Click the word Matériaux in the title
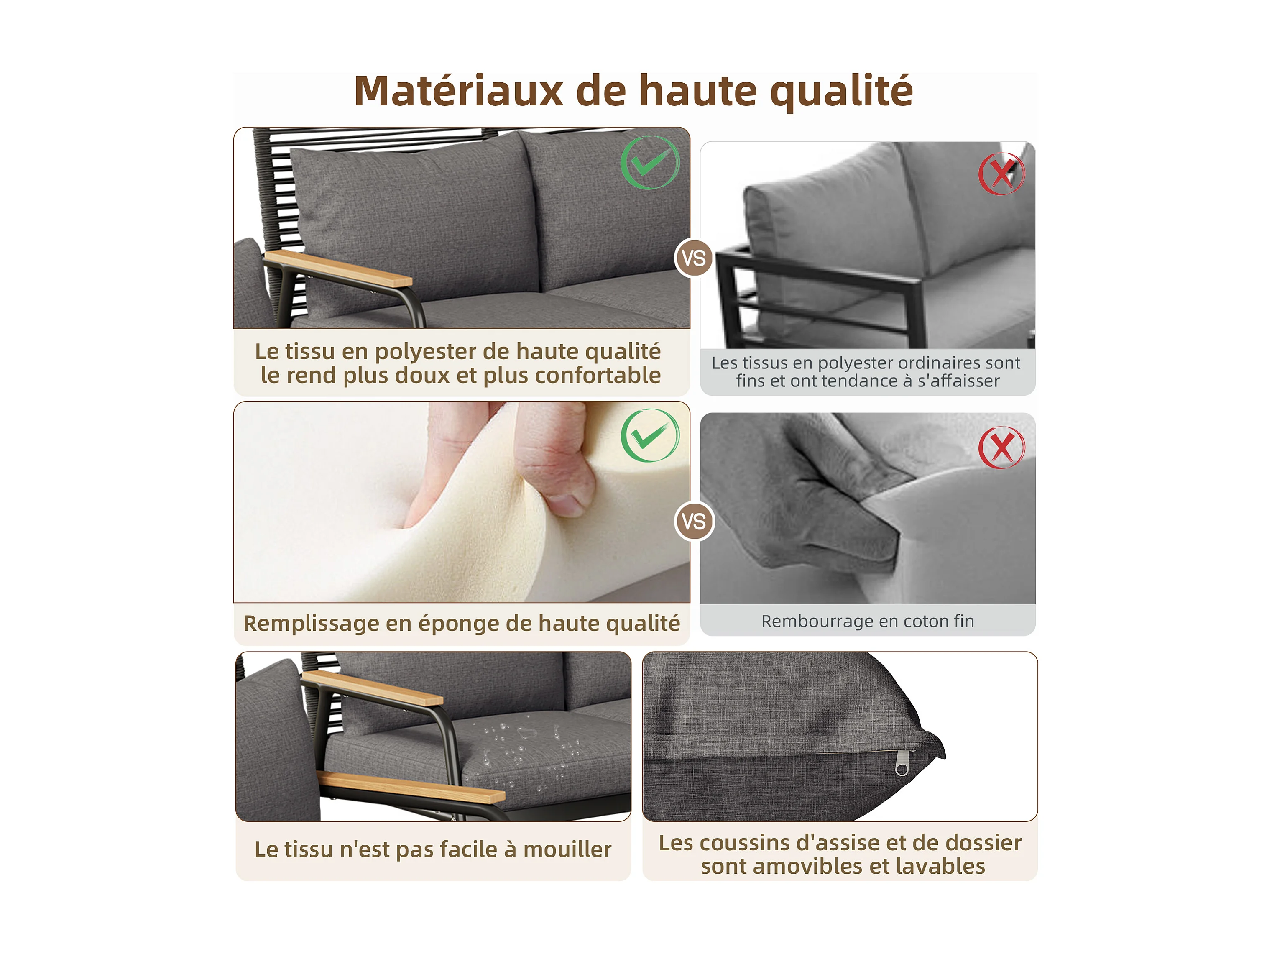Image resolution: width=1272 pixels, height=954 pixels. (x=458, y=91)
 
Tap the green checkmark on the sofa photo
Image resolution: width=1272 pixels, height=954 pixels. (x=650, y=162)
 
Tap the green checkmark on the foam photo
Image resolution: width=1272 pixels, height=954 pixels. (x=650, y=435)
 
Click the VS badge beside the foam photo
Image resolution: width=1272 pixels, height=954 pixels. (x=694, y=521)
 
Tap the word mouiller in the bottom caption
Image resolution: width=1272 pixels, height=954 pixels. (x=567, y=849)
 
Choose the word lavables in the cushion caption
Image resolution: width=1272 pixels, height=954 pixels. (x=941, y=866)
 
